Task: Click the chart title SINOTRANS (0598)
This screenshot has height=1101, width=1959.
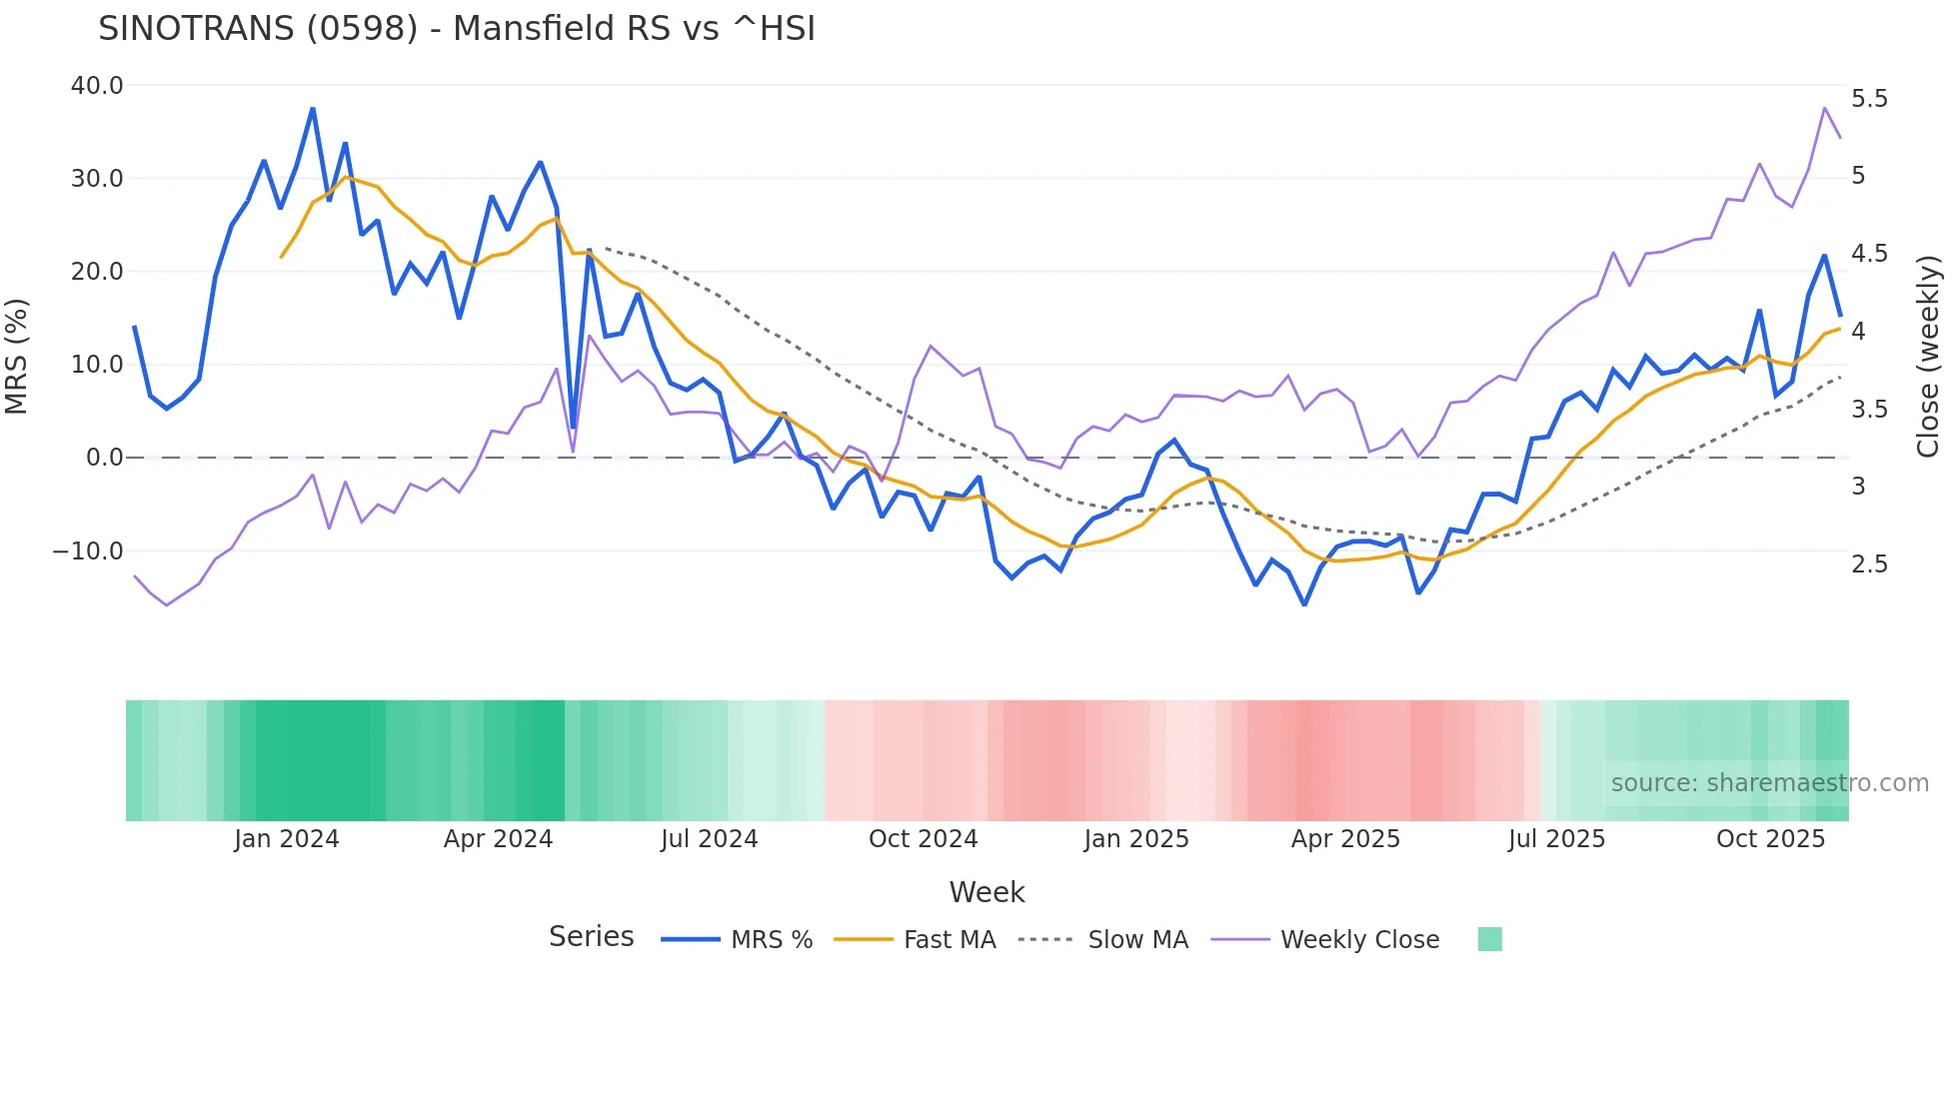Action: point(457,29)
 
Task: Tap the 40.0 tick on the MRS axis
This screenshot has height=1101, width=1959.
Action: point(97,86)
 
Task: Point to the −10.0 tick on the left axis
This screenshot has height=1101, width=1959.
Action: point(88,551)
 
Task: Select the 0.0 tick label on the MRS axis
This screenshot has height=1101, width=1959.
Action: point(105,458)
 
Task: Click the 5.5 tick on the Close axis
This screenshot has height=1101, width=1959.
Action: point(1869,99)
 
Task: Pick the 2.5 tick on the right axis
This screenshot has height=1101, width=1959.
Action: point(1869,564)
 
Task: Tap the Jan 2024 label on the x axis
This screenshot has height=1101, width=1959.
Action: point(287,839)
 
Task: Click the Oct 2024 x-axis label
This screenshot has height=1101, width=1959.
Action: point(923,839)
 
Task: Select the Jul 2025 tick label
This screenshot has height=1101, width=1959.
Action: point(1556,839)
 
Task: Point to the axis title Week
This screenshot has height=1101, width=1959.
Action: point(986,892)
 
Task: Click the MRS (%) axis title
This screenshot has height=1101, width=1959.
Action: point(16,357)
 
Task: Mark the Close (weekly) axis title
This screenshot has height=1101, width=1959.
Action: point(1928,357)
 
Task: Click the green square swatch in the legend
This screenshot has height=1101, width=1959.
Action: point(1489,939)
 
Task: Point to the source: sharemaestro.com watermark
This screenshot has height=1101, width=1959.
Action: point(1769,783)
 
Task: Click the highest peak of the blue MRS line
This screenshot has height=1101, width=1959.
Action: point(313,108)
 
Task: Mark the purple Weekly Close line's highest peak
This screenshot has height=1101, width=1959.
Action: point(1825,108)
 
